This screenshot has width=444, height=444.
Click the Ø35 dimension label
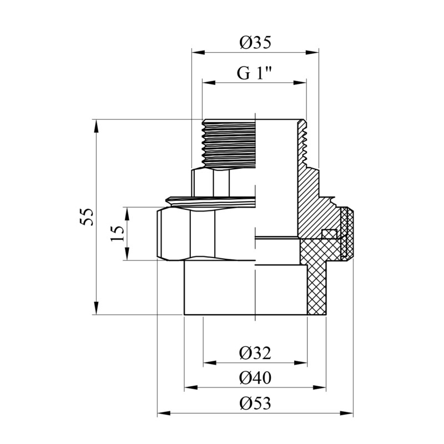[x=255, y=43]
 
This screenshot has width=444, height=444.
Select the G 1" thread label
[x=254, y=74]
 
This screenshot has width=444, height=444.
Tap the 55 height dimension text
[x=87, y=217]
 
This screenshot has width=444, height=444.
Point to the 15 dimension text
[x=117, y=234]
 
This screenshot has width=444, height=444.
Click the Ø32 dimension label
[x=255, y=353]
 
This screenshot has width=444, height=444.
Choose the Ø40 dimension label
[x=255, y=378]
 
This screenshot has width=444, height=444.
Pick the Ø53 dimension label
[x=255, y=403]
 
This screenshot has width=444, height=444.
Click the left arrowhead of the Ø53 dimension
[x=164, y=413]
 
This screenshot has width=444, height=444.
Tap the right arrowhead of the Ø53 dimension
[x=346, y=413]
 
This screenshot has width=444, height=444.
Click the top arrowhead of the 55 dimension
[x=97, y=126]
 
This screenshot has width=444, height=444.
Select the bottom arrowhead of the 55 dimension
[x=97, y=308]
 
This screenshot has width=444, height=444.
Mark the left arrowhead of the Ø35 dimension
[x=198, y=52]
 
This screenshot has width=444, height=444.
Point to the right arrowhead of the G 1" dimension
[x=300, y=83]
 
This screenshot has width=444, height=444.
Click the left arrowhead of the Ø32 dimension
[x=210, y=363]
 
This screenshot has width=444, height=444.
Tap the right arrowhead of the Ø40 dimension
[x=320, y=387]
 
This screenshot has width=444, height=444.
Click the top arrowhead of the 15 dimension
[x=127, y=214]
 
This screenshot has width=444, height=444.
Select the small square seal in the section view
[x=330, y=234]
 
